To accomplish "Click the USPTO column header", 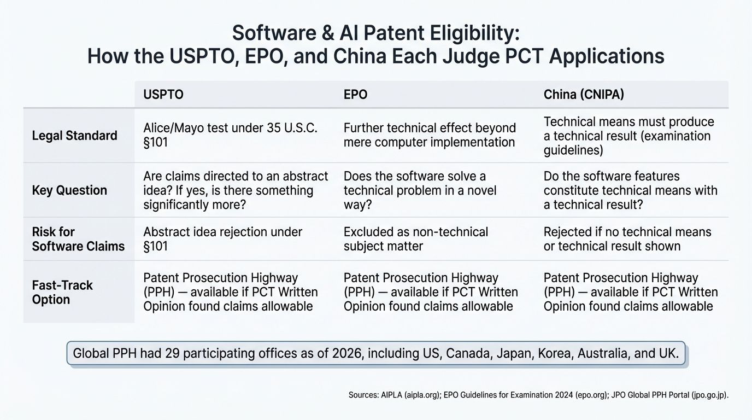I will click(163, 95).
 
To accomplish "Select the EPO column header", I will click(355, 95).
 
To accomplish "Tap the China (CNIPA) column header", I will click(583, 95).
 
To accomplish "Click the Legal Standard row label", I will click(74, 136).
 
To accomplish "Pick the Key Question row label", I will click(69, 190).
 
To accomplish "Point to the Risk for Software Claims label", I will click(78, 239).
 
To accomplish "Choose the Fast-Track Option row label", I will click(62, 292).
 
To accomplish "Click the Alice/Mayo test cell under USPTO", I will click(230, 135).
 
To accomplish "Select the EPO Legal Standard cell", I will click(430, 135).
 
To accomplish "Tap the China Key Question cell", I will click(630, 190).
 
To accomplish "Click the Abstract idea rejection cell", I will click(222, 239).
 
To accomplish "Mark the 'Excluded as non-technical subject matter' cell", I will click(415, 239).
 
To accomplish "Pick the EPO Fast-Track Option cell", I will click(430, 292).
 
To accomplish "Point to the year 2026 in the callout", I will click(346, 353).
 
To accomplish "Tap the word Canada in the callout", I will click(468, 353).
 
